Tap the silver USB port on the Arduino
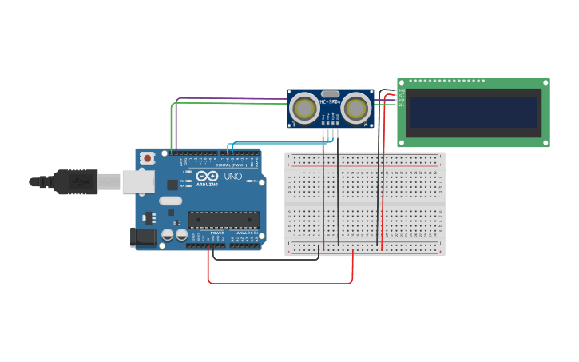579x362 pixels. (x=137, y=181)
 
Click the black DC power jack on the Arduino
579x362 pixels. (x=143, y=237)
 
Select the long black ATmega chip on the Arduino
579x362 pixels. (x=224, y=219)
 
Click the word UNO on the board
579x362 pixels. (x=232, y=176)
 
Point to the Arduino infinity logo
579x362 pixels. (x=207, y=176)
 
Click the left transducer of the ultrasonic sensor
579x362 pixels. (x=303, y=107)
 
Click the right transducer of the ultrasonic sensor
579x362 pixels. (x=356, y=107)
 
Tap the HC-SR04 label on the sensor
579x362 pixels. (x=330, y=102)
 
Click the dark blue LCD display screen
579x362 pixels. (x=473, y=112)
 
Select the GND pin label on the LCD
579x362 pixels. (x=401, y=91)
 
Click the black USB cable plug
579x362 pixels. (x=76, y=181)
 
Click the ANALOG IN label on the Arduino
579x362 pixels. (x=244, y=232)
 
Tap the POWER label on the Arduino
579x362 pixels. (x=217, y=232)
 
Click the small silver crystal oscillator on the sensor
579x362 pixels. (x=330, y=93)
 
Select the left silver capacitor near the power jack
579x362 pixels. (x=168, y=234)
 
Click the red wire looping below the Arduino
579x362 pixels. (x=280, y=283)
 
